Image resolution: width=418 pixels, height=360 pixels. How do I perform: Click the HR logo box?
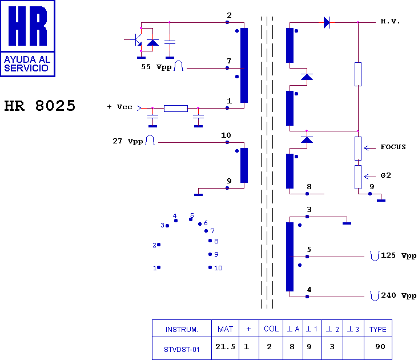click(x=28, y=38)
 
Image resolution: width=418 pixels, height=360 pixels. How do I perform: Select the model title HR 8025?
click(x=40, y=106)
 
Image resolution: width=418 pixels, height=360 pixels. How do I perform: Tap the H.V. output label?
click(x=390, y=22)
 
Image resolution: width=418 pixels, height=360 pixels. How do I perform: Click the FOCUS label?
click(x=393, y=147)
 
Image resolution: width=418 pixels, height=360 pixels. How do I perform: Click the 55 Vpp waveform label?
click(x=156, y=66)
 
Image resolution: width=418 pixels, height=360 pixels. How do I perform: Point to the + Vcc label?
click(x=119, y=107)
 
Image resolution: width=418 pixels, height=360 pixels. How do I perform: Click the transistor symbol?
click(x=137, y=39)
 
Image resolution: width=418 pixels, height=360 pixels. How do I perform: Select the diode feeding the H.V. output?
click(x=327, y=22)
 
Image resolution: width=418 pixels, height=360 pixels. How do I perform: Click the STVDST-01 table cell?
click(x=182, y=349)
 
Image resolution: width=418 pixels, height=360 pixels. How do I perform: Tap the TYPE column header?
click(x=378, y=329)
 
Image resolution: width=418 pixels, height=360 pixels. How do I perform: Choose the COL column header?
click(x=271, y=329)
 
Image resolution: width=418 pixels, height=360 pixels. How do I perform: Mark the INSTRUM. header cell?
click(x=182, y=329)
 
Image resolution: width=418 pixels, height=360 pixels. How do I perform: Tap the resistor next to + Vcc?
click(x=175, y=108)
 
